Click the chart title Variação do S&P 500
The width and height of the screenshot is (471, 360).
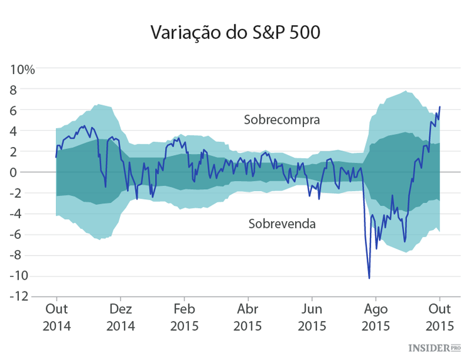point(235,33)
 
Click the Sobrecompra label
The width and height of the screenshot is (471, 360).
point(282,119)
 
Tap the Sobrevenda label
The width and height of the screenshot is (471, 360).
point(282,223)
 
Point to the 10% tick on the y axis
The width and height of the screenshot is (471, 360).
point(23,68)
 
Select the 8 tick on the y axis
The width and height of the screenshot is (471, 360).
point(29,89)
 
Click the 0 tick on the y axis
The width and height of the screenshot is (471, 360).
point(29,172)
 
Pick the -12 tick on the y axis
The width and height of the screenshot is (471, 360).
point(24,297)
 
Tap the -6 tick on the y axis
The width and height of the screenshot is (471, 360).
point(26,234)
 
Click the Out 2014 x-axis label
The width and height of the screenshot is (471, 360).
point(57,317)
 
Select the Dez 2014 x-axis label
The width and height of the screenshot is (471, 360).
point(121,317)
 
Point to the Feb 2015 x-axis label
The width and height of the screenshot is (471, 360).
point(184,317)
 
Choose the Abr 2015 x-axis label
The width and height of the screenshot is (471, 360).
point(248,317)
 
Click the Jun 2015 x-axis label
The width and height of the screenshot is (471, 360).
point(312,317)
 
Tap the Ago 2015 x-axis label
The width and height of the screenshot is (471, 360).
point(376,317)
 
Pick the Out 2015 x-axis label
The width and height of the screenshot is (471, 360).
point(440,317)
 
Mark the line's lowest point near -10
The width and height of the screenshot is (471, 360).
point(369,278)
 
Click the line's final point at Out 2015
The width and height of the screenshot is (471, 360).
point(440,107)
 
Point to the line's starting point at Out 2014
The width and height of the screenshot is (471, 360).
point(56,157)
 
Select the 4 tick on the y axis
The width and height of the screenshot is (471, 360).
point(29,131)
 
